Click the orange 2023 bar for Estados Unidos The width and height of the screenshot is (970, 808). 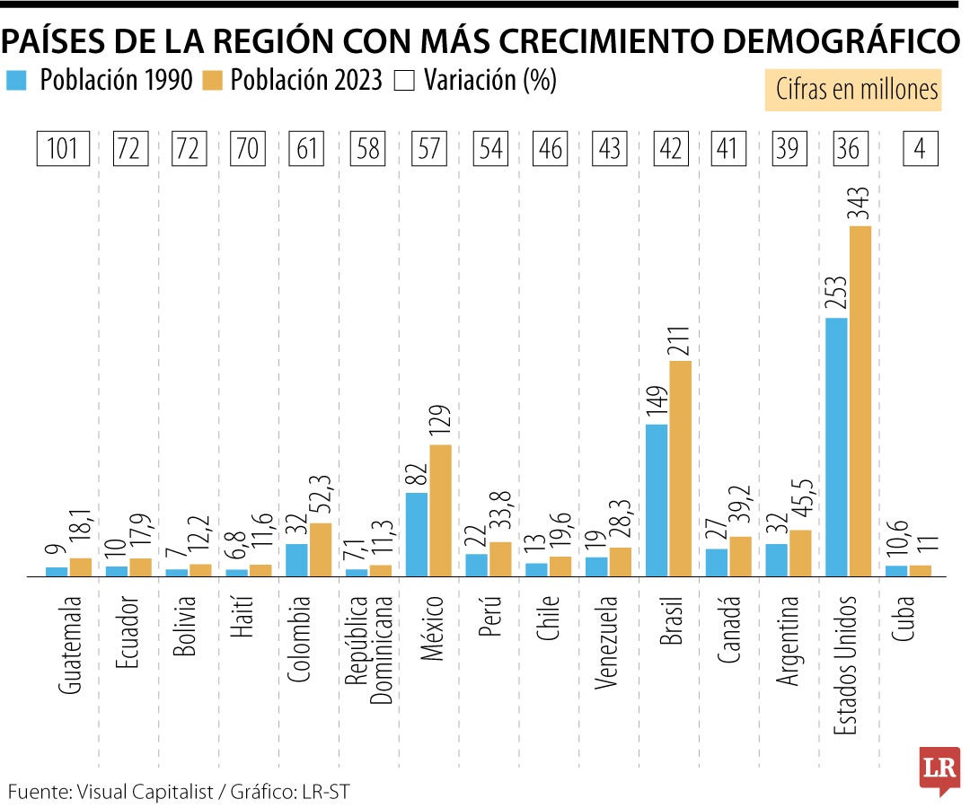(x=860, y=400)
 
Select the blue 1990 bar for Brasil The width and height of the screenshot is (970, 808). (x=657, y=499)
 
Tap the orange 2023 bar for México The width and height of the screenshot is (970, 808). (x=440, y=510)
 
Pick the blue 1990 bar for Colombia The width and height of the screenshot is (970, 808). (x=296, y=559)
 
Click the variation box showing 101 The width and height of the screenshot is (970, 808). (x=63, y=148)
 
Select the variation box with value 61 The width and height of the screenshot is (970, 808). (x=308, y=148)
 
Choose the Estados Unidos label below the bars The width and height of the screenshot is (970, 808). (x=847, y=665)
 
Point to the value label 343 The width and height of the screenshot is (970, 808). (x=860, y=201)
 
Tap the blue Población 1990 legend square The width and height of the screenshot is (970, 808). (x=17, y=81)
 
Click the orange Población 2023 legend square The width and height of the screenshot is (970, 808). (x=216, y=81)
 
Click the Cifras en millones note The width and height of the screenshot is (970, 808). (x=852, y=90)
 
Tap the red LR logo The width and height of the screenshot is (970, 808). (x=939, y=768)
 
